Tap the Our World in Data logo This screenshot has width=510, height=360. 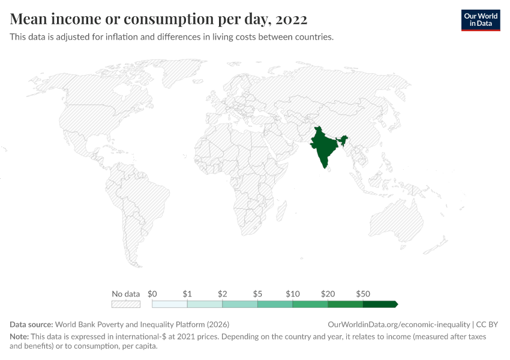coord(481,20)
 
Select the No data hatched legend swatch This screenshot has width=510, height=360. coord(126,304)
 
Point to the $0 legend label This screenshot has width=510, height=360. coord(152,294)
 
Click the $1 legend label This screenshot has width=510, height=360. coord(187,294)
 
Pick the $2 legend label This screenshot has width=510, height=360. coord(223,294)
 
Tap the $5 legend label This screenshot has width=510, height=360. coord(257,294)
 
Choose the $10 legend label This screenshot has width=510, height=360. coord(293,294)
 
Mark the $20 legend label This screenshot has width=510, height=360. coord(328,294)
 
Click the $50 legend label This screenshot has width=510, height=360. coord(363,294)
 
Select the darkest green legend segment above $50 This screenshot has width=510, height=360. coord(380,304)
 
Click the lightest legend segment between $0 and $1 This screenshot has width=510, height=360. coord(170,304)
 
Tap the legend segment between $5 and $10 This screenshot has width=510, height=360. coord(275,304)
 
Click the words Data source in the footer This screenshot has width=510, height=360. coord(31,325)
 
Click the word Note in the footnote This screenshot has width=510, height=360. coord(19,337)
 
